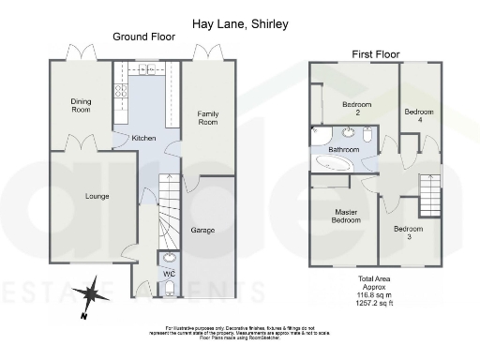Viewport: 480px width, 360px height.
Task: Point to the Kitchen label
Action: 143,138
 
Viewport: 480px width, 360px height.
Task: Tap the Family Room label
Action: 207,118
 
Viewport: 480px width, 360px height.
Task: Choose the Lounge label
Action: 97,196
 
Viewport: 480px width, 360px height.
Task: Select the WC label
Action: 170,274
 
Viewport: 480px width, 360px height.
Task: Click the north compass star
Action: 92,294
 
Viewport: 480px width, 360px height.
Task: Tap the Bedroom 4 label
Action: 419,116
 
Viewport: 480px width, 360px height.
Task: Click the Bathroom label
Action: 343,149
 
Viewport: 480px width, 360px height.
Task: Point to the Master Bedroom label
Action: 346,216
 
